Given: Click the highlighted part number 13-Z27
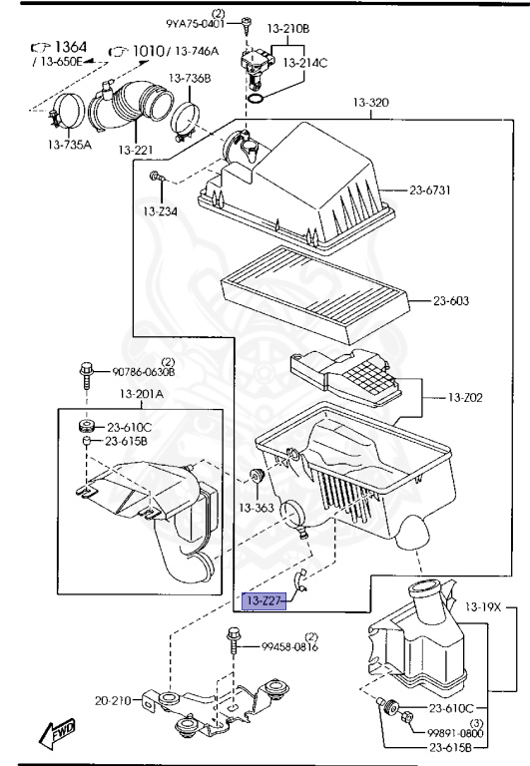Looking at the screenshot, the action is (x=265, y=600).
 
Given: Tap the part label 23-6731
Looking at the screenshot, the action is (x=429, y=191).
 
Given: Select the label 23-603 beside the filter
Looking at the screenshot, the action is (x=450, y=300).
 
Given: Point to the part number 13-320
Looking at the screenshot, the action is (x=371, y=103).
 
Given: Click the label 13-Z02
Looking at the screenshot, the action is (x=465, y=398).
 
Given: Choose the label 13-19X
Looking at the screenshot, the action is (x=483, y=607).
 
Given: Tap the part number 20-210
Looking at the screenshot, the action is (x=113, y=701).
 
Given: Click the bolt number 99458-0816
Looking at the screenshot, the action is (x=289, y=646).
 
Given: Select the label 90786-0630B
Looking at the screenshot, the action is (x=144, y=372).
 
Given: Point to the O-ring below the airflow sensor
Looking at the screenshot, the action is (x=257, y=99).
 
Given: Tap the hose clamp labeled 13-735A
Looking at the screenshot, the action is (x=67, y=111).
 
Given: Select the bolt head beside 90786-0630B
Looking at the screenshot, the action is (x=86, y=370).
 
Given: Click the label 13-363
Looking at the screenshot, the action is (x=257, y=508).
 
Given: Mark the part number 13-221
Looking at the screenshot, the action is (x=136, y=150).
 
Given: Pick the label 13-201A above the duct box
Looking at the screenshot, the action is (x=142, y=394).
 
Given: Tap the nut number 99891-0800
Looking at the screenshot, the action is (x=455, y=733).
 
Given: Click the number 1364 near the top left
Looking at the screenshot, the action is (x=71, y=47).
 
